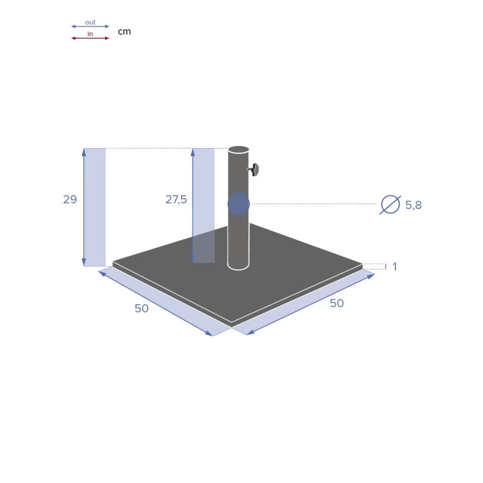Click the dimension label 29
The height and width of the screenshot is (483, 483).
(x=70, y=199)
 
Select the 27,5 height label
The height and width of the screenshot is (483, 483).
(x=176, y=200)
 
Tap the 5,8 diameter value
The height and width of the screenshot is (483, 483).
(x=414, y=205)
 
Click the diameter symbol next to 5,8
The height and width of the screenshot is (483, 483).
(x=390, y=205)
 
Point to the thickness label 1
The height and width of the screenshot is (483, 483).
(x=395, y=266)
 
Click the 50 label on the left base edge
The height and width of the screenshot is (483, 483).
(x=142, y=309)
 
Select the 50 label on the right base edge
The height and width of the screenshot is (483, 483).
(x=337, y=303)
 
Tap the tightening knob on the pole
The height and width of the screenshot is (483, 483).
(x=254, y=170)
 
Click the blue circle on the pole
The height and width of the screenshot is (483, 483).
(x=238, y=204)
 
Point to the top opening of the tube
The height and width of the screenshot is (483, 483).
(x=238, y=150)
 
